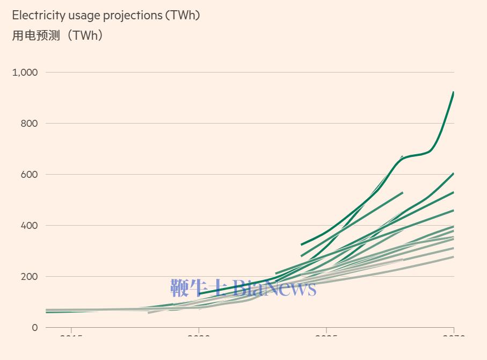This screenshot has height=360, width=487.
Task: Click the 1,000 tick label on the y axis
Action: [25, 72]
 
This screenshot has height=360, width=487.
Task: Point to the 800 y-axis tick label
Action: [30, 123]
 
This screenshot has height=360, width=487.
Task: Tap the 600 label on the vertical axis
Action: [30, 174]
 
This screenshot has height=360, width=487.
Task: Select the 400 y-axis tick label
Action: [30, 225]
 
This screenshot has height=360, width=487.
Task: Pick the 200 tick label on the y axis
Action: [30, 276]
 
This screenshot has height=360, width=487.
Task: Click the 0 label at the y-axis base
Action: [35, 327]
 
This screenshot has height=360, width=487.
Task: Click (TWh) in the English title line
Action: [183, 15]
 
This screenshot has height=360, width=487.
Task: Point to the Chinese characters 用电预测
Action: [37, 35]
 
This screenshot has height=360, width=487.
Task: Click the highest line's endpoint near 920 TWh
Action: [454, 92]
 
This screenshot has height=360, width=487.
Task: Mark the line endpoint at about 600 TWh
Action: [454, 174]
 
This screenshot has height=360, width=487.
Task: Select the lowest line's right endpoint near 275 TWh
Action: [454, 257]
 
